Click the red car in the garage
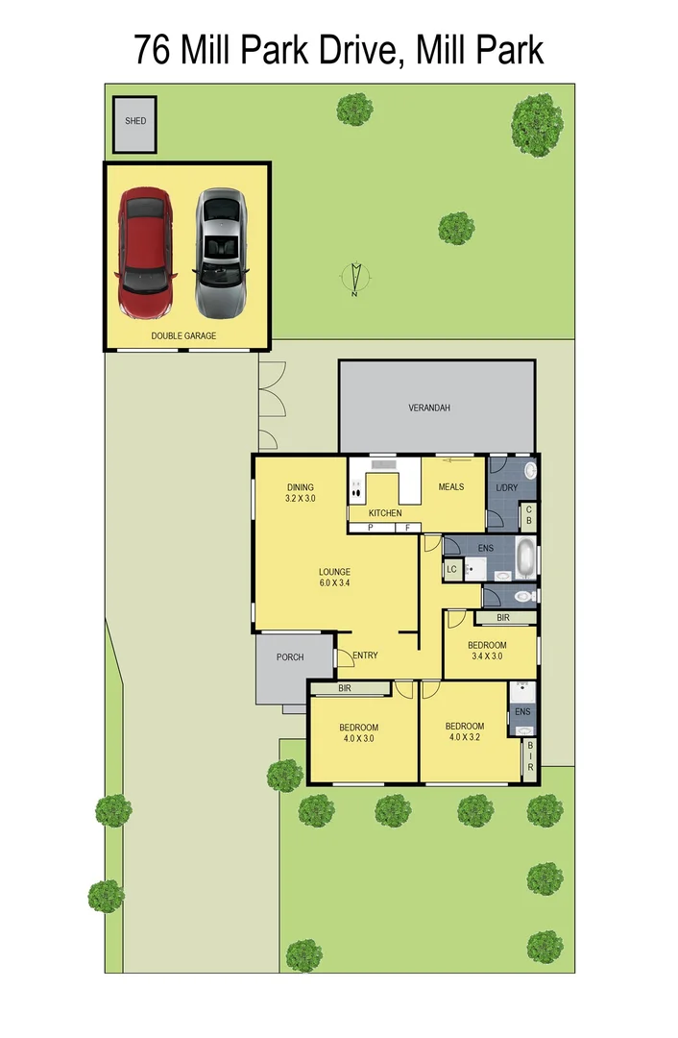(146, 252)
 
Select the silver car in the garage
(221, 253)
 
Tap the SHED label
(136, 121)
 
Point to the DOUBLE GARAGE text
(183, 336)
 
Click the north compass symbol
(355, 278)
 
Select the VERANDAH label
(429, 408)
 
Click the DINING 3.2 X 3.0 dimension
(300, 499)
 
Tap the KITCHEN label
(385, 513)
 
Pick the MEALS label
(451, 486)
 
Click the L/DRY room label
(506, 488)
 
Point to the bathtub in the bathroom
(527, 558)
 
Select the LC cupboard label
(451, 570)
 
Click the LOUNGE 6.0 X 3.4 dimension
(334, 582)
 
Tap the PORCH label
(290, 657)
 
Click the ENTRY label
(365, 655)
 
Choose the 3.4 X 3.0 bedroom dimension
(487, 656)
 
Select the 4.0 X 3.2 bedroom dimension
(465, 738)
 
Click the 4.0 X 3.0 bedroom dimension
(358, 739)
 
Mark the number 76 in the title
(154, 49)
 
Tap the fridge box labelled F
(407, 528)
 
